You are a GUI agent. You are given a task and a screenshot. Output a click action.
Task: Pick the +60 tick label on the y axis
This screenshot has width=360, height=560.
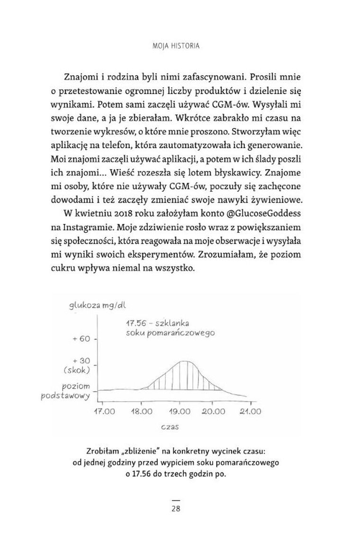[81, 339]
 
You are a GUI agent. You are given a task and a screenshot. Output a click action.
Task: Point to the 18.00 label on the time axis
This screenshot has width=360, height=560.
[141, 411]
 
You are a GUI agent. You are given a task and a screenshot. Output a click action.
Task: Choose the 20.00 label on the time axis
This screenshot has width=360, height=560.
[213, 411]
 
